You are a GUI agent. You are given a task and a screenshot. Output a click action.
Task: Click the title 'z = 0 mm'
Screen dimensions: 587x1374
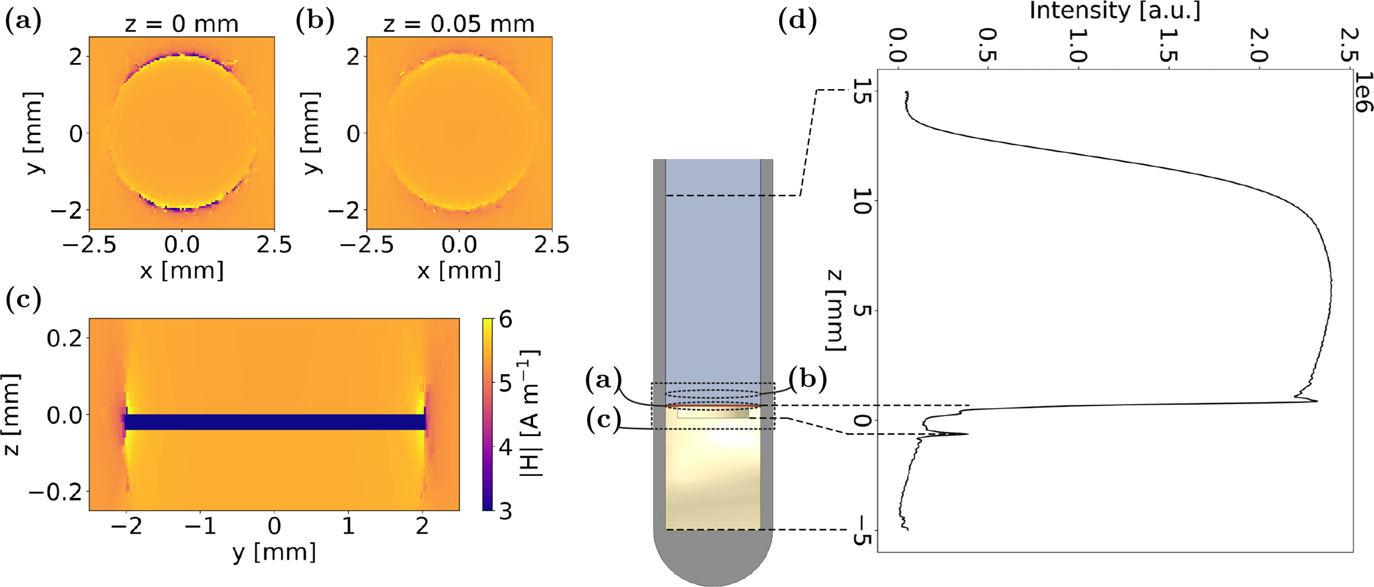coord(181,24)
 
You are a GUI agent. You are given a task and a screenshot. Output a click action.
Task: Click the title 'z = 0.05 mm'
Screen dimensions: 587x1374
coord(459,24)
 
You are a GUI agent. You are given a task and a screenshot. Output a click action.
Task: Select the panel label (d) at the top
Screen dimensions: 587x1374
coord(796,21)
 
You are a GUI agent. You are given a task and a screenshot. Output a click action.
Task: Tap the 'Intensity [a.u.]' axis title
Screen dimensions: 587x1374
coord(1115,11)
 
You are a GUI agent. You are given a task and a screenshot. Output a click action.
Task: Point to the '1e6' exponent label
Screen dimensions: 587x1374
coord(1362,93)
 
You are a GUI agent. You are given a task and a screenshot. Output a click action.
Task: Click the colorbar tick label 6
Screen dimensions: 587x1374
coord(505,320)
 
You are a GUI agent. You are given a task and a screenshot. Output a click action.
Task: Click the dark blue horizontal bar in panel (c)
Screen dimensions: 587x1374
coord(275,422)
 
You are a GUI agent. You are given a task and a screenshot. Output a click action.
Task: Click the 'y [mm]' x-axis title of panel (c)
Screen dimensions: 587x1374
coord(274,552)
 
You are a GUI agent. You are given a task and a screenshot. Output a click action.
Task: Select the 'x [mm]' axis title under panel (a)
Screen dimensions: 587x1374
coord(181,271)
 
